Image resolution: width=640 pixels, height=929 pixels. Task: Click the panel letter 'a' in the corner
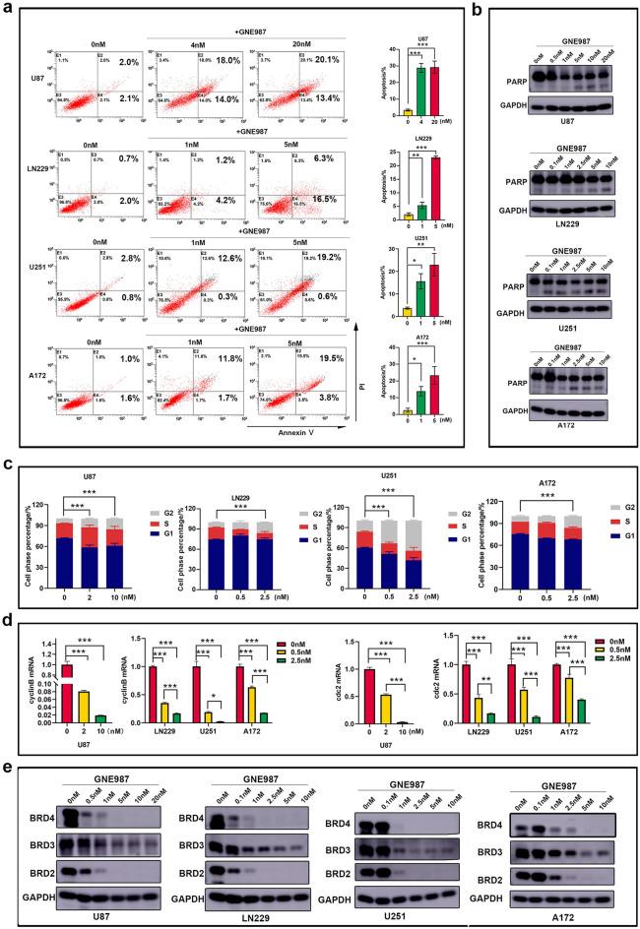tap(10, 11)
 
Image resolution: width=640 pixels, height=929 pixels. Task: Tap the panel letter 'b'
tap(506, 11)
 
